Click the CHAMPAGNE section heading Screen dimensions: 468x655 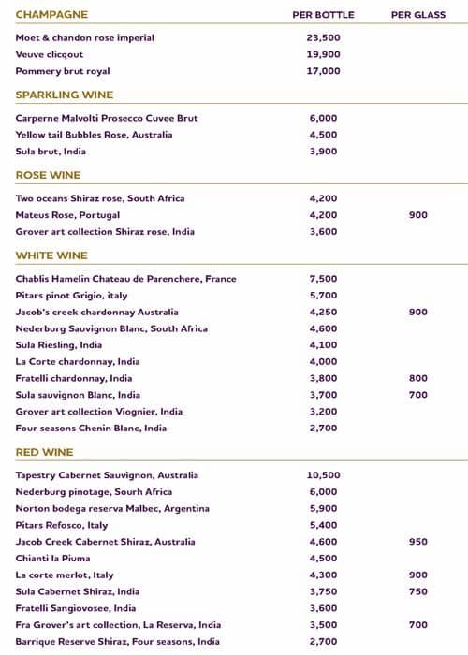(x=51, y=15)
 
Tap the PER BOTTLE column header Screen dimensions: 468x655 (x=324, y=15)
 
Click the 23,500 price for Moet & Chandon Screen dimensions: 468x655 (x=323, y=38)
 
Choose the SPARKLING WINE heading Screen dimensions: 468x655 (x=65, y=95)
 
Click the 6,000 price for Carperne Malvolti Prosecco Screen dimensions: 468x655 (x=322, y=118)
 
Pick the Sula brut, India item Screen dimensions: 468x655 (x=51, y=152)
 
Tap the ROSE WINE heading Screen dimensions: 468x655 (x=49, y=175)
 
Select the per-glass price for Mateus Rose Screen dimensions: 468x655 (x=417, y=215)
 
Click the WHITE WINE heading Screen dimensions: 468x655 (x=51, y=255)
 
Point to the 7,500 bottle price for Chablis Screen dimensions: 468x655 (x=322, y=279)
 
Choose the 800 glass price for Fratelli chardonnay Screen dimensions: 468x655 (x=417, y=379)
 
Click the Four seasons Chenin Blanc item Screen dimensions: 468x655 (x=91, y=429)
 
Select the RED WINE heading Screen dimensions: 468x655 (x=44, y=452)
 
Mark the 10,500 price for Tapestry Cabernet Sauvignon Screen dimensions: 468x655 (x=323, y=475)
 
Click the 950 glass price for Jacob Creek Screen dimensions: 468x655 (x=417, y=542)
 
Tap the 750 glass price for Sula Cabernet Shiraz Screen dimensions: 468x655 (x=417, y=591)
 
